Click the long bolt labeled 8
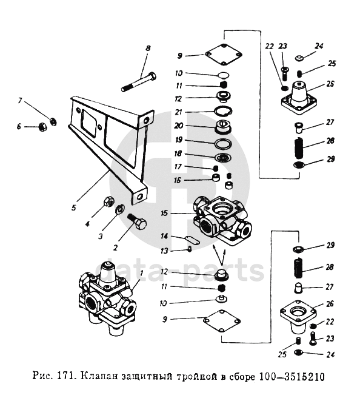point(139,82)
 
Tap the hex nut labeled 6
point(41,126)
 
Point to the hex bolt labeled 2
point(137,221)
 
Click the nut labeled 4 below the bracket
point(108,202)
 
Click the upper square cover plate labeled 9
point(224,55)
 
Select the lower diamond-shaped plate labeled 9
point(222,321)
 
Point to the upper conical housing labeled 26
point(299,98)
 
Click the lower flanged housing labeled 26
point(298,317)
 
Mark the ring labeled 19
point(223,144)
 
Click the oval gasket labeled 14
point(192,241)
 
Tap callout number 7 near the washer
point(20,100)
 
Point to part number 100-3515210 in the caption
point(292,377)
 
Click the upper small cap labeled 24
point(299,58)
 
